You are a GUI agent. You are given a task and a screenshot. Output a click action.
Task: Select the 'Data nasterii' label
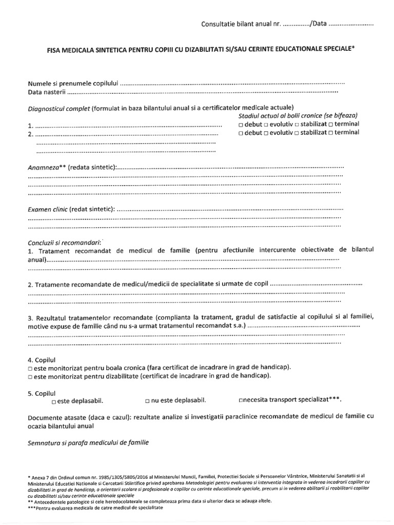coord(47,92)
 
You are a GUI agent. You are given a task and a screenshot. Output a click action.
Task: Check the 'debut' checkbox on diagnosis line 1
coord(241,125)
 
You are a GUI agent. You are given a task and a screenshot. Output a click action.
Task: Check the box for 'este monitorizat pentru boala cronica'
coord(30,368)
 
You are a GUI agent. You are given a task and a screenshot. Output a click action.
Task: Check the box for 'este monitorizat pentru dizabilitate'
coord(30,376)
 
